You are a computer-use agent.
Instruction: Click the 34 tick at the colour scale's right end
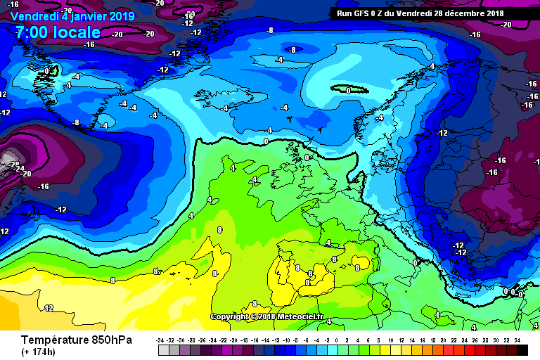coord(517,340)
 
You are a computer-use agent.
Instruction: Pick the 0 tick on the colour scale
coord(340,340)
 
